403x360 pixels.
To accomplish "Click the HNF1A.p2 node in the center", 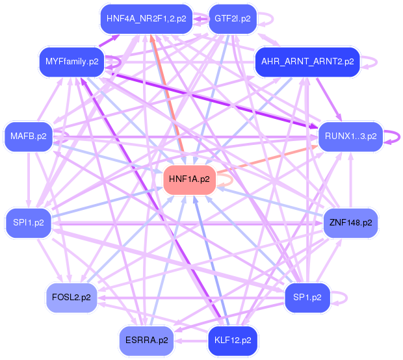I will (x=188, y=179).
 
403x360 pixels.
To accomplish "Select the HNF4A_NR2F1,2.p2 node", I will (x=146, y=19).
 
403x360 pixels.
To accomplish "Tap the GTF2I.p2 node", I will (x=232, y=19).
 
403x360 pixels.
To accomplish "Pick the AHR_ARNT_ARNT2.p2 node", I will (x=307, y=62).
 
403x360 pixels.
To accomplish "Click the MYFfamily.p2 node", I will (x=71, y=62).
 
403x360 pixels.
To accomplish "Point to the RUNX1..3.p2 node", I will (x=350, y=136).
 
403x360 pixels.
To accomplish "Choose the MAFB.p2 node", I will (x=29, y=136).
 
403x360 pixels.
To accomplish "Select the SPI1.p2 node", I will (x=29, y=223).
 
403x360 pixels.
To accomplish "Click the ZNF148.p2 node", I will (x=350, y=223).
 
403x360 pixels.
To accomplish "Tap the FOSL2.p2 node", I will (x=71, y=298).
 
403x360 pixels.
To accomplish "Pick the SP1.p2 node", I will (x=307, y=298).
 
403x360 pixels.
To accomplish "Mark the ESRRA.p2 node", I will (x=146, y=340).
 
